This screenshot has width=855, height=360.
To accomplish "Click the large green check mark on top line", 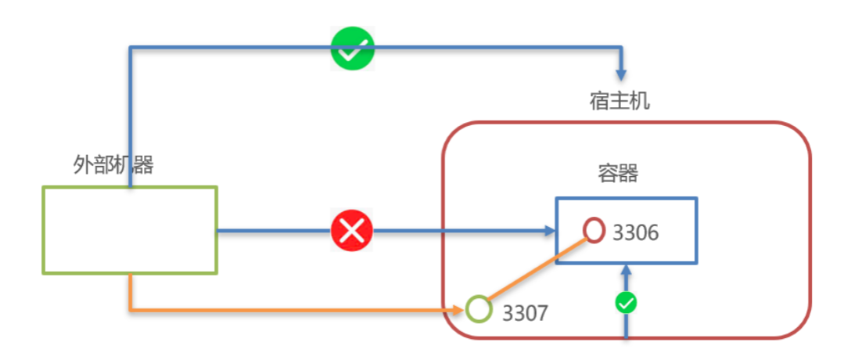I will (353, 49).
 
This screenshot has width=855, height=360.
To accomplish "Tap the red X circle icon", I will (352, 231).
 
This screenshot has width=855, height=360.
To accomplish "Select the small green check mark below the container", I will (626, 303).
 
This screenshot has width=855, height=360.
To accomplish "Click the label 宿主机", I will (619, 102).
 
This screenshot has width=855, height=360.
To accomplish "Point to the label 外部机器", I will (113, 165).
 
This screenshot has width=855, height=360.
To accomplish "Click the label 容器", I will (618, 173).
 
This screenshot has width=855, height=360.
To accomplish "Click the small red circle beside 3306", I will (595, 230).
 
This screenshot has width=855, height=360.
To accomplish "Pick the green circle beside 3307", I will (479, 309).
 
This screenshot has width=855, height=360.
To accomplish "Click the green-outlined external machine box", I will (129, 230).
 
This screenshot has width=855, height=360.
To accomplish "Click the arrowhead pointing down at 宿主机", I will (621, 74).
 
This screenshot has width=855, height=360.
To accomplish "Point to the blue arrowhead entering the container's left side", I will (549, 231).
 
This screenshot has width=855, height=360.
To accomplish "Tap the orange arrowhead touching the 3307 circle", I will (460, 310).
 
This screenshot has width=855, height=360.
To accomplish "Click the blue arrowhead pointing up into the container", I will (626, 271).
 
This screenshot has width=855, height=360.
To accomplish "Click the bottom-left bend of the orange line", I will (130, 310).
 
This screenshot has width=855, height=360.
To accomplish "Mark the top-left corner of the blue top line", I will (130, 49).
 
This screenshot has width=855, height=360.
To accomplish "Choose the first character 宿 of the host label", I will (598, 102).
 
